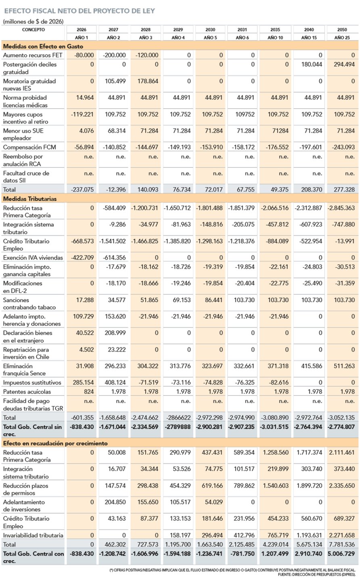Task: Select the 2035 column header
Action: (x=275, y=29)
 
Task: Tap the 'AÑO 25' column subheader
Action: (x=342, y=38)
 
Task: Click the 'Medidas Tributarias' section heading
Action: (x=30, y=199)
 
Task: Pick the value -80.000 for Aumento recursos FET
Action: (x=84, y=55)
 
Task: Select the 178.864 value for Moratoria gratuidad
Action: (x=148, y=81)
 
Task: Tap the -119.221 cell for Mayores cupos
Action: (x=82, y=114)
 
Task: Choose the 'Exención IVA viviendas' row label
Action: (x=33, y=257)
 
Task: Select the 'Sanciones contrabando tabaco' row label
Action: (x=29, y=303)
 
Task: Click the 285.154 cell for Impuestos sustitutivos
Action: (x=83, y=382)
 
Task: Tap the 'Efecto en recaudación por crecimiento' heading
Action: (x=55, y=443)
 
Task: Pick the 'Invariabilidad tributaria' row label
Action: (x=33, y=535)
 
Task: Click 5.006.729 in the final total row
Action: (x=341, y=554)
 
